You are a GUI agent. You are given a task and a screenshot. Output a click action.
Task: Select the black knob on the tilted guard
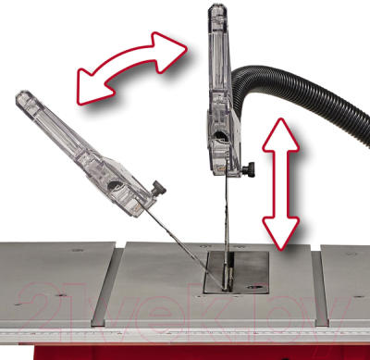tap(161, 189)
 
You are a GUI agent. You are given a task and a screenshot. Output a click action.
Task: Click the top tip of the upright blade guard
tap(216, 11)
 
